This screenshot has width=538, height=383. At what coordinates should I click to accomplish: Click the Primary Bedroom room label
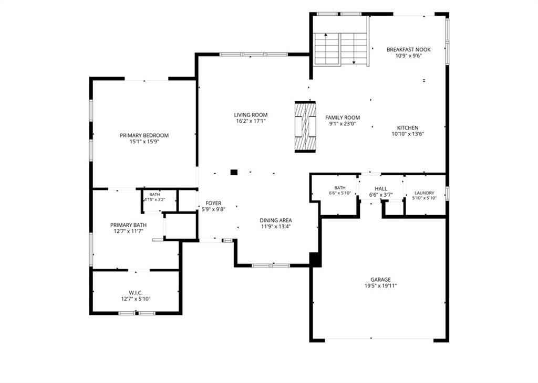pyautogui.click(x=144, y=135)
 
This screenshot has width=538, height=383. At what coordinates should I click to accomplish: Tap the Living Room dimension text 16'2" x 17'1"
pyautogui.click(x=251, y=121)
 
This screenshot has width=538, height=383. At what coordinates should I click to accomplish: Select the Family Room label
pyautogui.click(x=343, y=118)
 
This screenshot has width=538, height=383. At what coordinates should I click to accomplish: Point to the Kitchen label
pyautogui.click(x=408, y=128)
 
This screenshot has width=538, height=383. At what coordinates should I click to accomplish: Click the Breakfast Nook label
pyautogui.click(x=408, y=50)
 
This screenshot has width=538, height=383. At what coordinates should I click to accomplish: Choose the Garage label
pyautogui.click(x=380, y=280)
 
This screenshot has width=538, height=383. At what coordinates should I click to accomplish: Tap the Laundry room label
pyautogui.click(x=425, y=193)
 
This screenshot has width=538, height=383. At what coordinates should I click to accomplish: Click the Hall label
pyautogui.click(x=381, y=189)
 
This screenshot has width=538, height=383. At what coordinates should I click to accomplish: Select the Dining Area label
pyautogui.click(x=276, y=220)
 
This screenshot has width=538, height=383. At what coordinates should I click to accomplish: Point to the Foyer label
pyautogui.click(x=213, y=203)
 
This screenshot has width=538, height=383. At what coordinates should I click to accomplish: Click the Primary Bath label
pyautogui.click(x=128, y=225)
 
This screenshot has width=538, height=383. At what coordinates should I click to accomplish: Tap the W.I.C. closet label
pyautogui.click(x=136, y=293)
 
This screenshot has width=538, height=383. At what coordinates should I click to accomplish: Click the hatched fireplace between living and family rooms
pyautogui.click(x=305, y=126)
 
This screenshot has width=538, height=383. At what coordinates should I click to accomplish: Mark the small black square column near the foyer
pyautogui.click(x=234, y=172)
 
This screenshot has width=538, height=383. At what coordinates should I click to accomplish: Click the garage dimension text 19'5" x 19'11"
pyautogui.click(x=380, y=286)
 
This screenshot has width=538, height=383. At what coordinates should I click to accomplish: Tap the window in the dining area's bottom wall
pyautogui.click(x=271, y=265)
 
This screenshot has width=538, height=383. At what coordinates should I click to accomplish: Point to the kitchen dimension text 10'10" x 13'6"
pyautogui.click(x=408, y=134)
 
